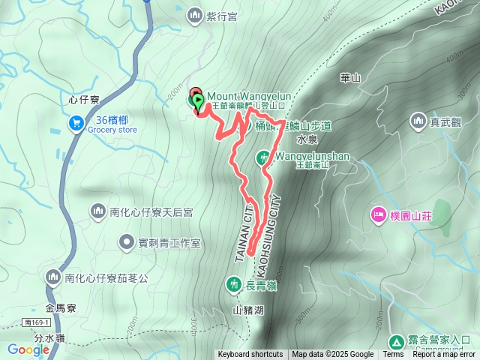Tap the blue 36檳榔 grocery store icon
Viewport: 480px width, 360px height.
(76, 122)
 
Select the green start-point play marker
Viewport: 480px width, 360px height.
(197, 100)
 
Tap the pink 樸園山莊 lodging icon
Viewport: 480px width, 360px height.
(378, 216)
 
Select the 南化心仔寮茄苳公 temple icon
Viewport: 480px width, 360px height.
(52, 277)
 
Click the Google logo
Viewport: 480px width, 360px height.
(28, 349)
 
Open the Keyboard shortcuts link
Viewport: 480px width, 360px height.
(250, 355)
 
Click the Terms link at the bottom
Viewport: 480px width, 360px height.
(393, 355)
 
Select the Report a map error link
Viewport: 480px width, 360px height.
(445, 355)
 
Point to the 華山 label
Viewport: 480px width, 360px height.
(351, 77)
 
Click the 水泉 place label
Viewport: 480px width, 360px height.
(307, 139)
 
